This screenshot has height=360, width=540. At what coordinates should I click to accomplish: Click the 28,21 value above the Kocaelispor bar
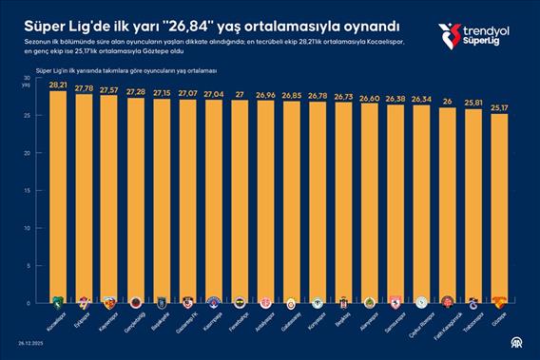pos(57,85)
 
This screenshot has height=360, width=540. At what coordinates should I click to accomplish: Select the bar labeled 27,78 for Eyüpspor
pos(83,190)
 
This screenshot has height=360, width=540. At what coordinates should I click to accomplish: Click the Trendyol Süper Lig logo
pos(475,36)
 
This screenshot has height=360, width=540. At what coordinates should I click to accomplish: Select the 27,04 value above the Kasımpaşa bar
pos(213,94)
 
